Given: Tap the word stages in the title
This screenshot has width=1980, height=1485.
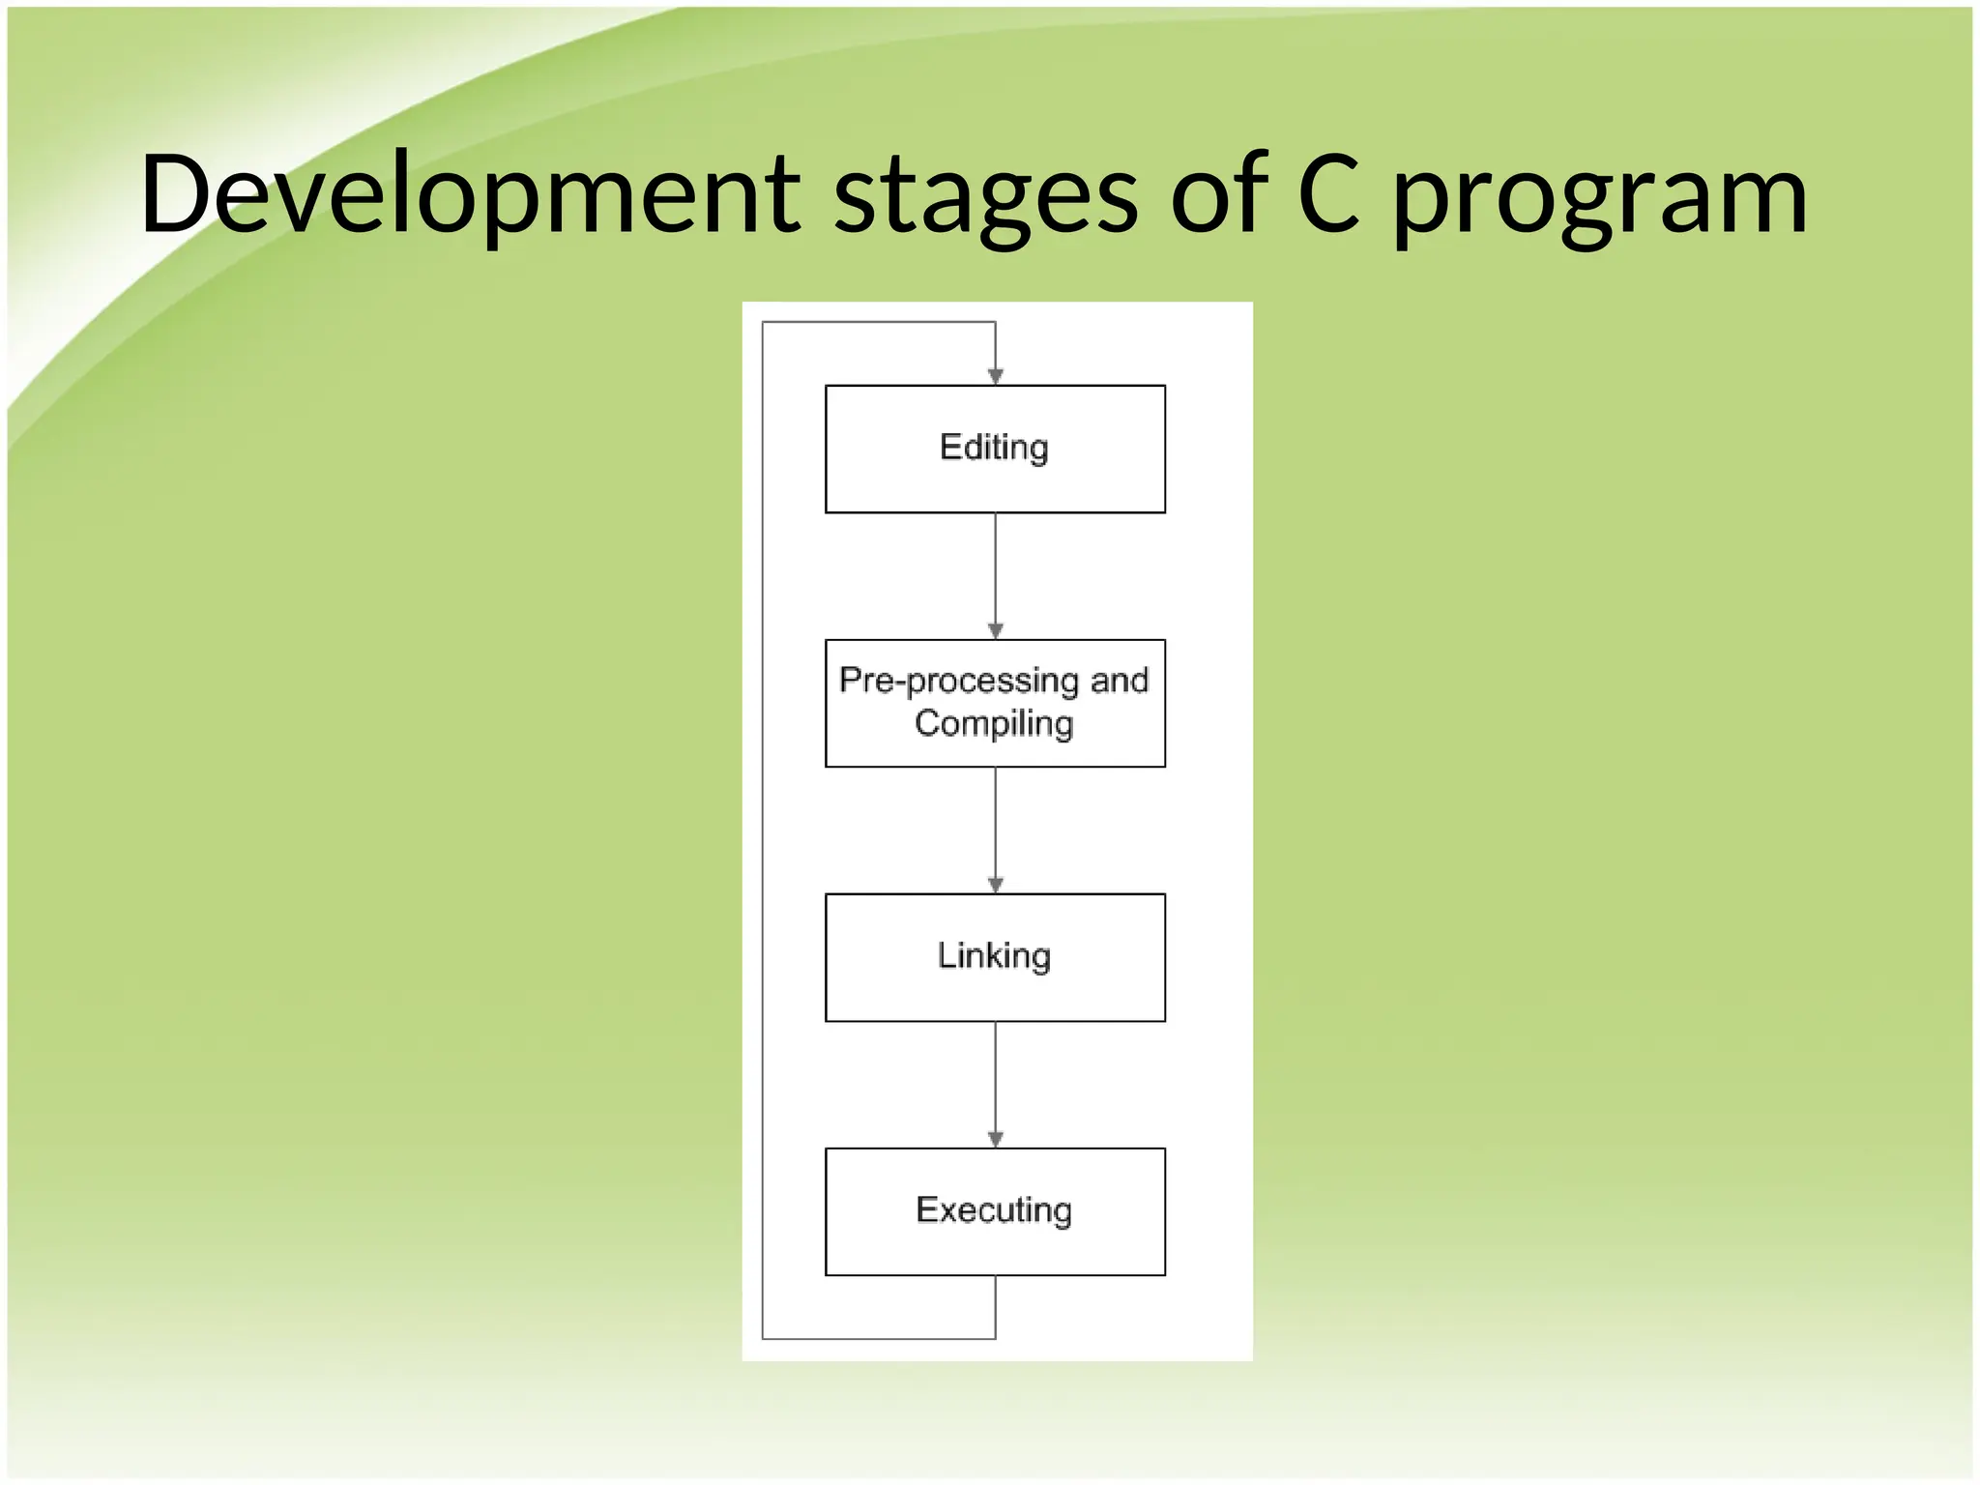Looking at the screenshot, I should click(986, 198).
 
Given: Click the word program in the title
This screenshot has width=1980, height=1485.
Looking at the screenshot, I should click(1600, 198).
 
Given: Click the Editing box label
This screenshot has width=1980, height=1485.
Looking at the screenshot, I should click(994, 449).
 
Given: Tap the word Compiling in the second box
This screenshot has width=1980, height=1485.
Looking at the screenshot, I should click(994, 724).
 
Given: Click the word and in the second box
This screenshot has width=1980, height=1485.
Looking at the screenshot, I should click(1120, 681).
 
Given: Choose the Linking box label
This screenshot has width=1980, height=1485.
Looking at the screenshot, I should click(994, 956).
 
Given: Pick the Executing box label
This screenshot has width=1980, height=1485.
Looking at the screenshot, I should click(994, 1210).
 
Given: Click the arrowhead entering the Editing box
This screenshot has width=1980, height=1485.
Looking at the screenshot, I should click(995, 376).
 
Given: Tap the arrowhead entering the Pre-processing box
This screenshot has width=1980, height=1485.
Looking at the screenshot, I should click(995, 630).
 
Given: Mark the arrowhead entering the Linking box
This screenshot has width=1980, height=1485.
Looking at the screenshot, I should click(995, 885).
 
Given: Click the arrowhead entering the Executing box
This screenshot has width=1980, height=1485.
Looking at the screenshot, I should click(995, 1139).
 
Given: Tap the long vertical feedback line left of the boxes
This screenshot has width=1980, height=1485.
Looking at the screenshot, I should click(763, 831).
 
